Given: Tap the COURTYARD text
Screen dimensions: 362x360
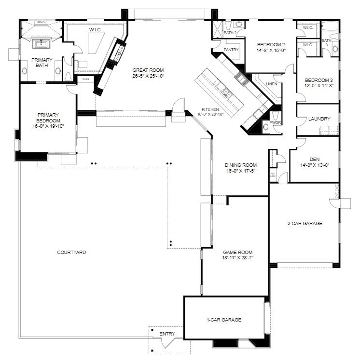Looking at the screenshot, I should click(x=71, y=252).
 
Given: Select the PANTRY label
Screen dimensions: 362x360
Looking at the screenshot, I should click(x=231, y=50).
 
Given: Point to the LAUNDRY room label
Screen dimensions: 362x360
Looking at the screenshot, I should click(x=318, y=119).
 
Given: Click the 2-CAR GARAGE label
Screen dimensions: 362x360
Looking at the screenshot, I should click(x=305, y=223).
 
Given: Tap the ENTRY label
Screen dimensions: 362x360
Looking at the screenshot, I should click(x=167, y=334).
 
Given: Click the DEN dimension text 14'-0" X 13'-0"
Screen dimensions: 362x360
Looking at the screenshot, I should click(x=314, y=165).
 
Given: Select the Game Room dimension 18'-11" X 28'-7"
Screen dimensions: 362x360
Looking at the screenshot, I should click(x=237, y=258).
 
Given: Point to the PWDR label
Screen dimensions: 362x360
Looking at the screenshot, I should click(x=275, y=123).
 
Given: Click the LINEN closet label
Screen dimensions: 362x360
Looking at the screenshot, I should click(x=272, y=84).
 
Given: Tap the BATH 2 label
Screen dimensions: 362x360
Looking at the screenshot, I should click(x=231, y=33).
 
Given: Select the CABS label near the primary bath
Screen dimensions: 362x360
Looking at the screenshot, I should click(x=85, y=79).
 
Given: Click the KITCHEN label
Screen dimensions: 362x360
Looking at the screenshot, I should click(x=210, y=109).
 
